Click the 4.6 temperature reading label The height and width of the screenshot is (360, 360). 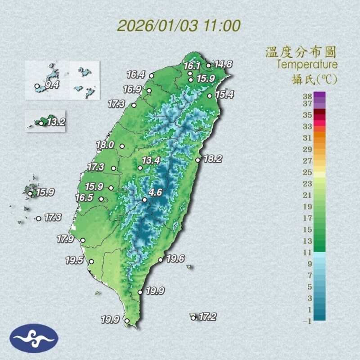[x=155, y=193]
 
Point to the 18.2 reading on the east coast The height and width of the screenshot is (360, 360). [x=213, y=159]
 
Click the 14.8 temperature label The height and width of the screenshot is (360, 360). [x=223, y=64]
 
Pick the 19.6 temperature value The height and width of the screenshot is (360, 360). [x=175, y=259]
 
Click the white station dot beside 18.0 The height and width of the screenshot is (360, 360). [x=122, y=146]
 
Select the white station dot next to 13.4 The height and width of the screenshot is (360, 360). [x=140, y=168]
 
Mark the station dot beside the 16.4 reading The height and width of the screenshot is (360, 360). [x=152, y=76]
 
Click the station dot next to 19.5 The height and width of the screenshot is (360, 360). [x=91, y=261]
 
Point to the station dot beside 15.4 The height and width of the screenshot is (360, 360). [x=210, y=95]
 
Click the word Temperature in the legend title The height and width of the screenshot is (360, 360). [x=307, y=64]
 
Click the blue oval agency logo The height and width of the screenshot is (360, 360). [x=34, y=338]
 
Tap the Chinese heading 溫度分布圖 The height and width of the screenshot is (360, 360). [x=301, y=52]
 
